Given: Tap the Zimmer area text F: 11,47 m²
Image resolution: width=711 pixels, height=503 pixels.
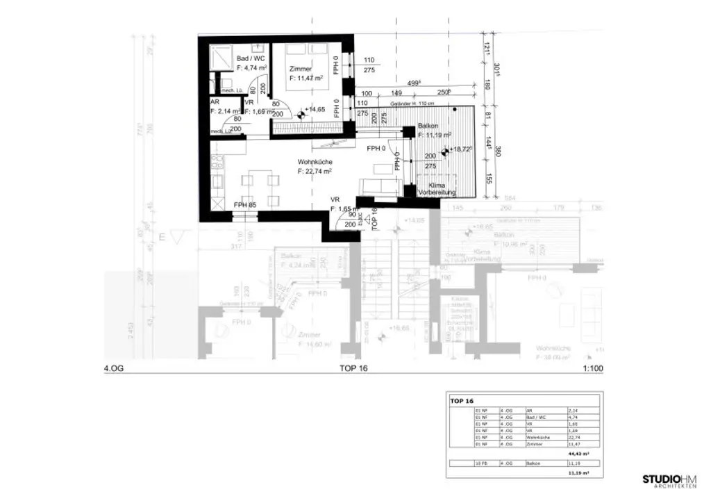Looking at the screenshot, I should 306,79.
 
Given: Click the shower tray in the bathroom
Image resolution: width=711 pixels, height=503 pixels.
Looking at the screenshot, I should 221,56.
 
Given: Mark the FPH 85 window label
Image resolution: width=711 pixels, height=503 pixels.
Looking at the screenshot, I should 244,205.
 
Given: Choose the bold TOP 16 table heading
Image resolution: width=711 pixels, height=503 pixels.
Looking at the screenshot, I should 462,401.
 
